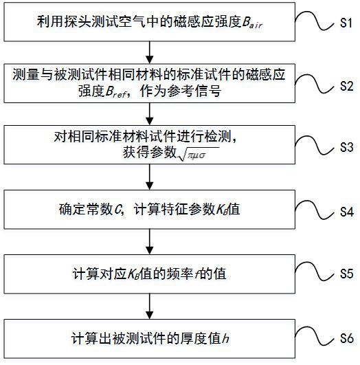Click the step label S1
pyautogui.click(x=346, y=23)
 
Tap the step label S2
pyautogui.click(x=346, y=86)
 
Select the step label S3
pyautogui.click(x=346, y=147)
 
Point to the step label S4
pyautogui.click(x=347, y=212)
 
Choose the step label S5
pyautogui.click(x=346, y=274)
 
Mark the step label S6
pyautogui.click(x=346, y=338)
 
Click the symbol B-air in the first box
pyautogui.click(x=252, y=23)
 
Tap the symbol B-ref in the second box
pyautogui.click(x=116, y=91)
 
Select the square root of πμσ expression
pyautogui.click(x=199, y=154)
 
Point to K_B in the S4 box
pyautogui.click(x=221, y=210)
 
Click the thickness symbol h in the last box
pyautogui.click(x=225, y=338)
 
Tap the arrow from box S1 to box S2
pyautogui.click(x=149, y=52)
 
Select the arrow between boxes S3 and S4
pyautogui.click(x=149, y=177)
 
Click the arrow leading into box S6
pyautogui.click(x=149, y=307)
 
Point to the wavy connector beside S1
pyautogui.click(x=315, y=21)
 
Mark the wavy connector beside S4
pyautogui.click(x=315, y=210)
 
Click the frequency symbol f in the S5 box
pyautogui.click(x=197, y=274)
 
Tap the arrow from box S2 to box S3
pyautogui.click(x=149, y=114)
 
